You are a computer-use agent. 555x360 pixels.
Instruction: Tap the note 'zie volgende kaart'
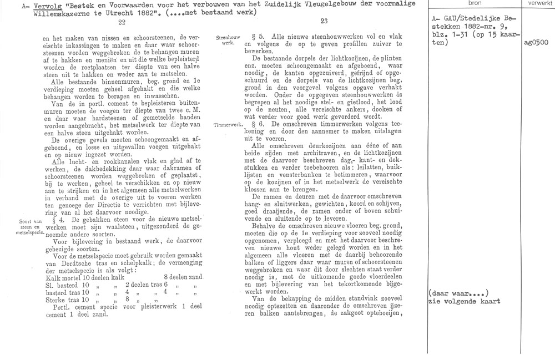coord(464,302)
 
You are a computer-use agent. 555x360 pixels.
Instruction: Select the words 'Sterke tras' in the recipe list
coord(59,303)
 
